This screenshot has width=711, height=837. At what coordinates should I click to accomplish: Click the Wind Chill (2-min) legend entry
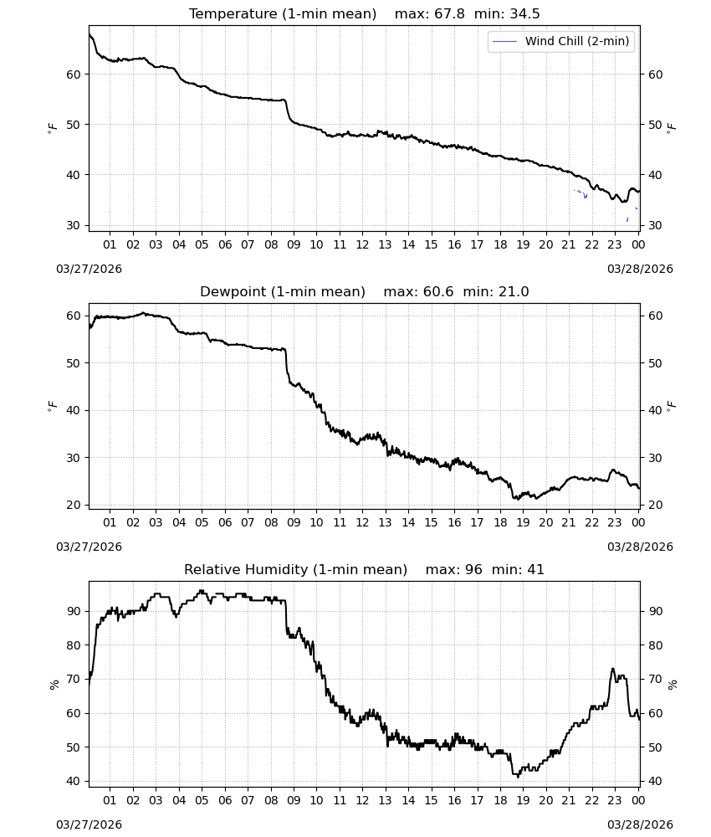(561, 41)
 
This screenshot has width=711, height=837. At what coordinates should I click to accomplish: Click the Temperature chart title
(283, 13)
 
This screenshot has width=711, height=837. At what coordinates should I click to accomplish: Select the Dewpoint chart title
(283, 291)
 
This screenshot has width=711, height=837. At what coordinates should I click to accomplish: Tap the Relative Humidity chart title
(295, 569)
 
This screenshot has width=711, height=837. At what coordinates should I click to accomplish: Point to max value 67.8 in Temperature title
(450, 13)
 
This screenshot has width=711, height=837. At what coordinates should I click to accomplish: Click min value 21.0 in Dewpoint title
(514, 291)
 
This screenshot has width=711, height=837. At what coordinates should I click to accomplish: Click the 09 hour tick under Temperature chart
(294, 244)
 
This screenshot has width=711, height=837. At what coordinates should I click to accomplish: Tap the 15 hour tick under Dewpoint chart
(431, 522)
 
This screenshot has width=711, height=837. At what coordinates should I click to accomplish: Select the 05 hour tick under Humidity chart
(202, 800)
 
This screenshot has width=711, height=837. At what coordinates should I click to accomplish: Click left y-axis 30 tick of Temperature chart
(73, 225)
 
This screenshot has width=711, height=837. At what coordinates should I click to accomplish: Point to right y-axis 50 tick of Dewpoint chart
(656, 363)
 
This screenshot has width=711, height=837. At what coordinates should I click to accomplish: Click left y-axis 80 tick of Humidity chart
(73, 645)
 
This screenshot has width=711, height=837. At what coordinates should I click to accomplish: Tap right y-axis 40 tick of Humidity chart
(656, 782)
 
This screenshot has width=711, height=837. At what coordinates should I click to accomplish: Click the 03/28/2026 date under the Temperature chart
(640, 269)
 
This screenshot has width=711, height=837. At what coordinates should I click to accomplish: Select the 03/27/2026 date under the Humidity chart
(89, 824)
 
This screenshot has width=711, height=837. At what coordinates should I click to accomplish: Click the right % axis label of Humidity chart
(673, 685)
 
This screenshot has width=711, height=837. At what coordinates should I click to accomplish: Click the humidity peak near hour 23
(613, 669)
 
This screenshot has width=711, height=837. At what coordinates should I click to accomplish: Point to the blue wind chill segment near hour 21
(581, 193)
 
